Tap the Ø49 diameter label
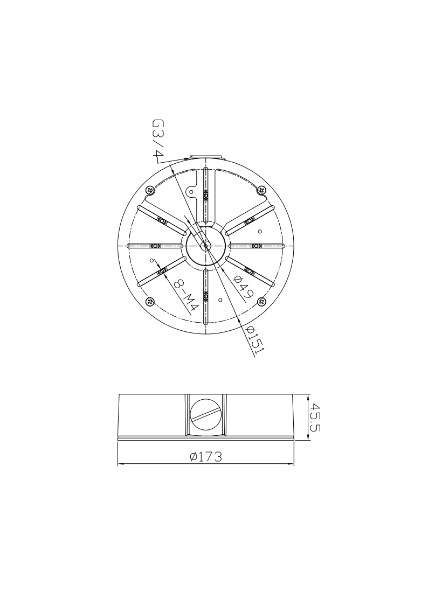(244, 288)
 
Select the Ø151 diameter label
(256, 340)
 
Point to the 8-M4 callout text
(186, 295)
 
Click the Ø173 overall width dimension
(206, 457)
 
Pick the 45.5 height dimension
(316, 417)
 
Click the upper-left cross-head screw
(150, 190)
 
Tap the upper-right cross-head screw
(262, 190)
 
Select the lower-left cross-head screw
(150, 301)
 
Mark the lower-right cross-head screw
(262, 301)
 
